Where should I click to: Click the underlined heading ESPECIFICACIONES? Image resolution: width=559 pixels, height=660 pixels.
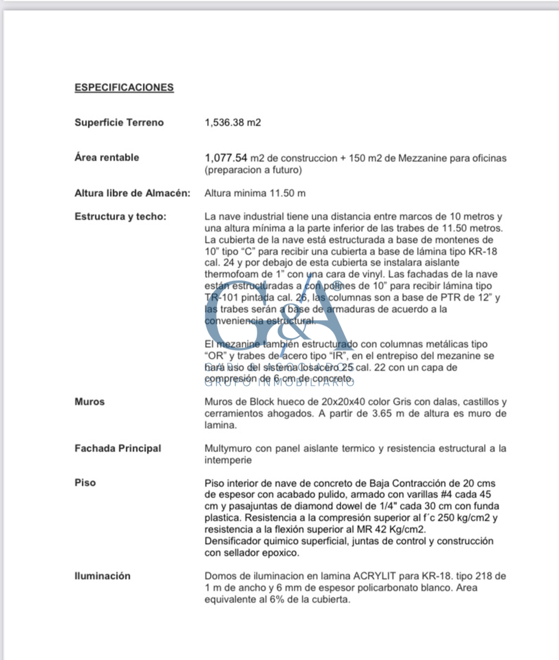(x=124, y=87)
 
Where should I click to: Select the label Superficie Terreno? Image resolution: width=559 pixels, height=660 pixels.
(x=119, y=122)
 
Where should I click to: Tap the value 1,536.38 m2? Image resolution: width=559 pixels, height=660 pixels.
(x=233, y=122)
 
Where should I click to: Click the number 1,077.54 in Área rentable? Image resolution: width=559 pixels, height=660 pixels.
(x=226, y=158)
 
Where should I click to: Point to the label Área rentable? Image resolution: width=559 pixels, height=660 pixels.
(x=107, y=157)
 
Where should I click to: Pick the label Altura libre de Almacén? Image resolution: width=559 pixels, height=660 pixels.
(x=132, y=193)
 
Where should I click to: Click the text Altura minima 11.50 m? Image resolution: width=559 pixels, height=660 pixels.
(x=255, y=193)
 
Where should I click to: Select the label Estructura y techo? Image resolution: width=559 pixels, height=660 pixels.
(x=121, y=216)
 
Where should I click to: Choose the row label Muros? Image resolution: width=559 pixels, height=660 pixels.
(x=89, y=402)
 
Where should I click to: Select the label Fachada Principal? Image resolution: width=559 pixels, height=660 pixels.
(x=118, y=449)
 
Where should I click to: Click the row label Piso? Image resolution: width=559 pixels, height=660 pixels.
(x=85, y=483)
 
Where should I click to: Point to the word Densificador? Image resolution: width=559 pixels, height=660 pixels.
(x=233, y=541)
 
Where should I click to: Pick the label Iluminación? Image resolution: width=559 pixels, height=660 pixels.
(x=102, y=576)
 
